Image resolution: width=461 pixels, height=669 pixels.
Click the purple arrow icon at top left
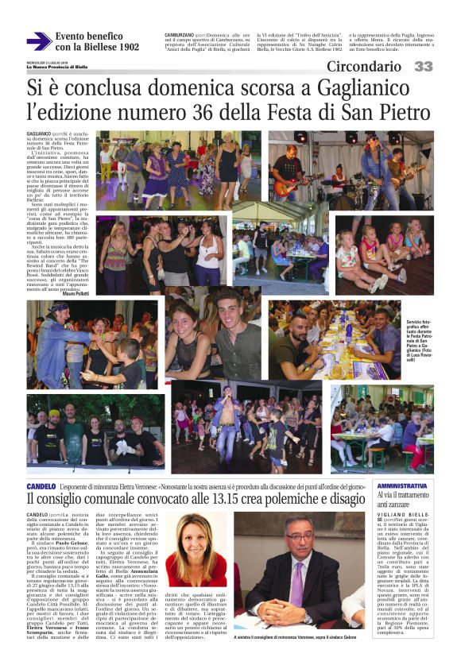pos(38,41)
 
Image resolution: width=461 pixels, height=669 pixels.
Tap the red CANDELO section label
pos(41,484)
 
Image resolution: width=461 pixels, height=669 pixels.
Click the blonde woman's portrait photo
pos(196,547)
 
